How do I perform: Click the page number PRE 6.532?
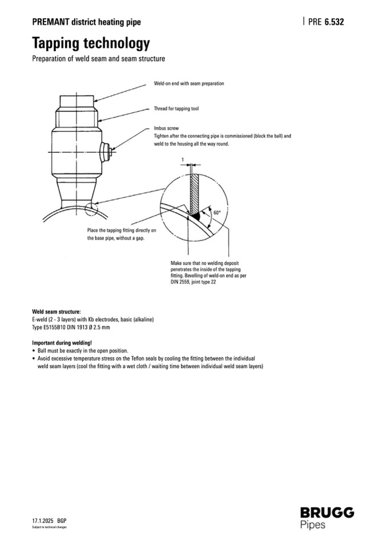pos(326,22)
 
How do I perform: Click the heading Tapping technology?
pos(91,43)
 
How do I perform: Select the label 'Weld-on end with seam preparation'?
pos(188,83)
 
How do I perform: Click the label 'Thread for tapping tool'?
pos(176,108)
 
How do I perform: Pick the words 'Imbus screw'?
pos(166,129)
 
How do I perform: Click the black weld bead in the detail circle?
pos(194,217)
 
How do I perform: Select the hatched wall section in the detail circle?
pos(194,191)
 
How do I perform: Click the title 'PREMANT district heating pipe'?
pos(86,22)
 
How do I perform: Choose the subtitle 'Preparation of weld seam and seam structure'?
pos(98,59)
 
